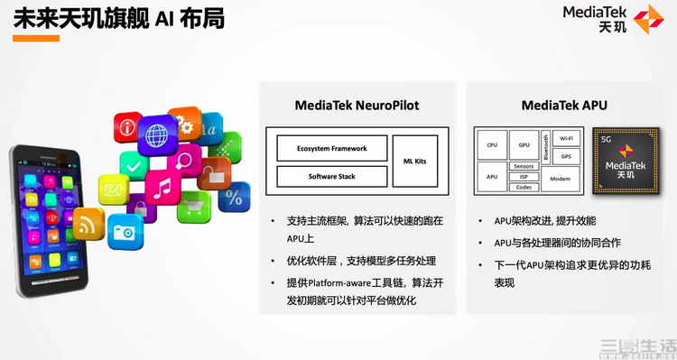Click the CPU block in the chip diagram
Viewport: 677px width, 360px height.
[492, 144]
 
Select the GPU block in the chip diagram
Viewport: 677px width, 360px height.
[524, 144]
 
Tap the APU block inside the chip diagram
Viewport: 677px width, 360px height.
[492, 177]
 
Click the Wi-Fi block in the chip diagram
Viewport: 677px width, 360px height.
[566, 138]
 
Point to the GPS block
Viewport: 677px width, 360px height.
[566, 156]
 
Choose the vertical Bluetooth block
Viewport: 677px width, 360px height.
[545, 147]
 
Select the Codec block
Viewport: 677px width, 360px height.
[524, 187]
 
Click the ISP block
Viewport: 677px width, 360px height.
[524, 177]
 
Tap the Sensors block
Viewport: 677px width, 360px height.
[524, 167]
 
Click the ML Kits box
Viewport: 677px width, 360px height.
[414, 161]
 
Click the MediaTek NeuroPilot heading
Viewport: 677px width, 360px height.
[357, 106]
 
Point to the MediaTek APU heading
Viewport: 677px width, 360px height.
[564, 106]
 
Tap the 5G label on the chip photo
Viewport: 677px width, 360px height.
[607, 141]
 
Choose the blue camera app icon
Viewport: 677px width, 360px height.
[125, 233]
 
